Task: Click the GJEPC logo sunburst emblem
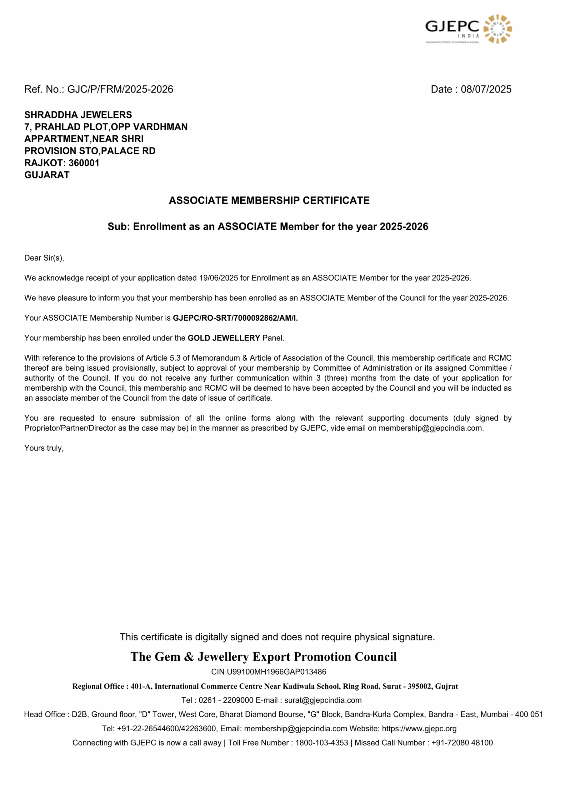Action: (x=497, y=29)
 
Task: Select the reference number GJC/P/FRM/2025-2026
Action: (x=120, y=89)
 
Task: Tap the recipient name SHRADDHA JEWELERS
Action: (x=78, y=115)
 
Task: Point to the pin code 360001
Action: (x=84, y=163)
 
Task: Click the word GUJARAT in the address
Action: (x=47, y=175)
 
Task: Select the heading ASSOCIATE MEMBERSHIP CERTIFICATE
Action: (x=269, y=200)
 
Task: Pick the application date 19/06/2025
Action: (x=218, y=278)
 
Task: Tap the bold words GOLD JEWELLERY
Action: (x=224, y=338)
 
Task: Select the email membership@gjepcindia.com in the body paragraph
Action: (x=431, y=428)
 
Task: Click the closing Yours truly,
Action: (x=44, y=448)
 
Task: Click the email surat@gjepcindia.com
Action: (x=323, y=700)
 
